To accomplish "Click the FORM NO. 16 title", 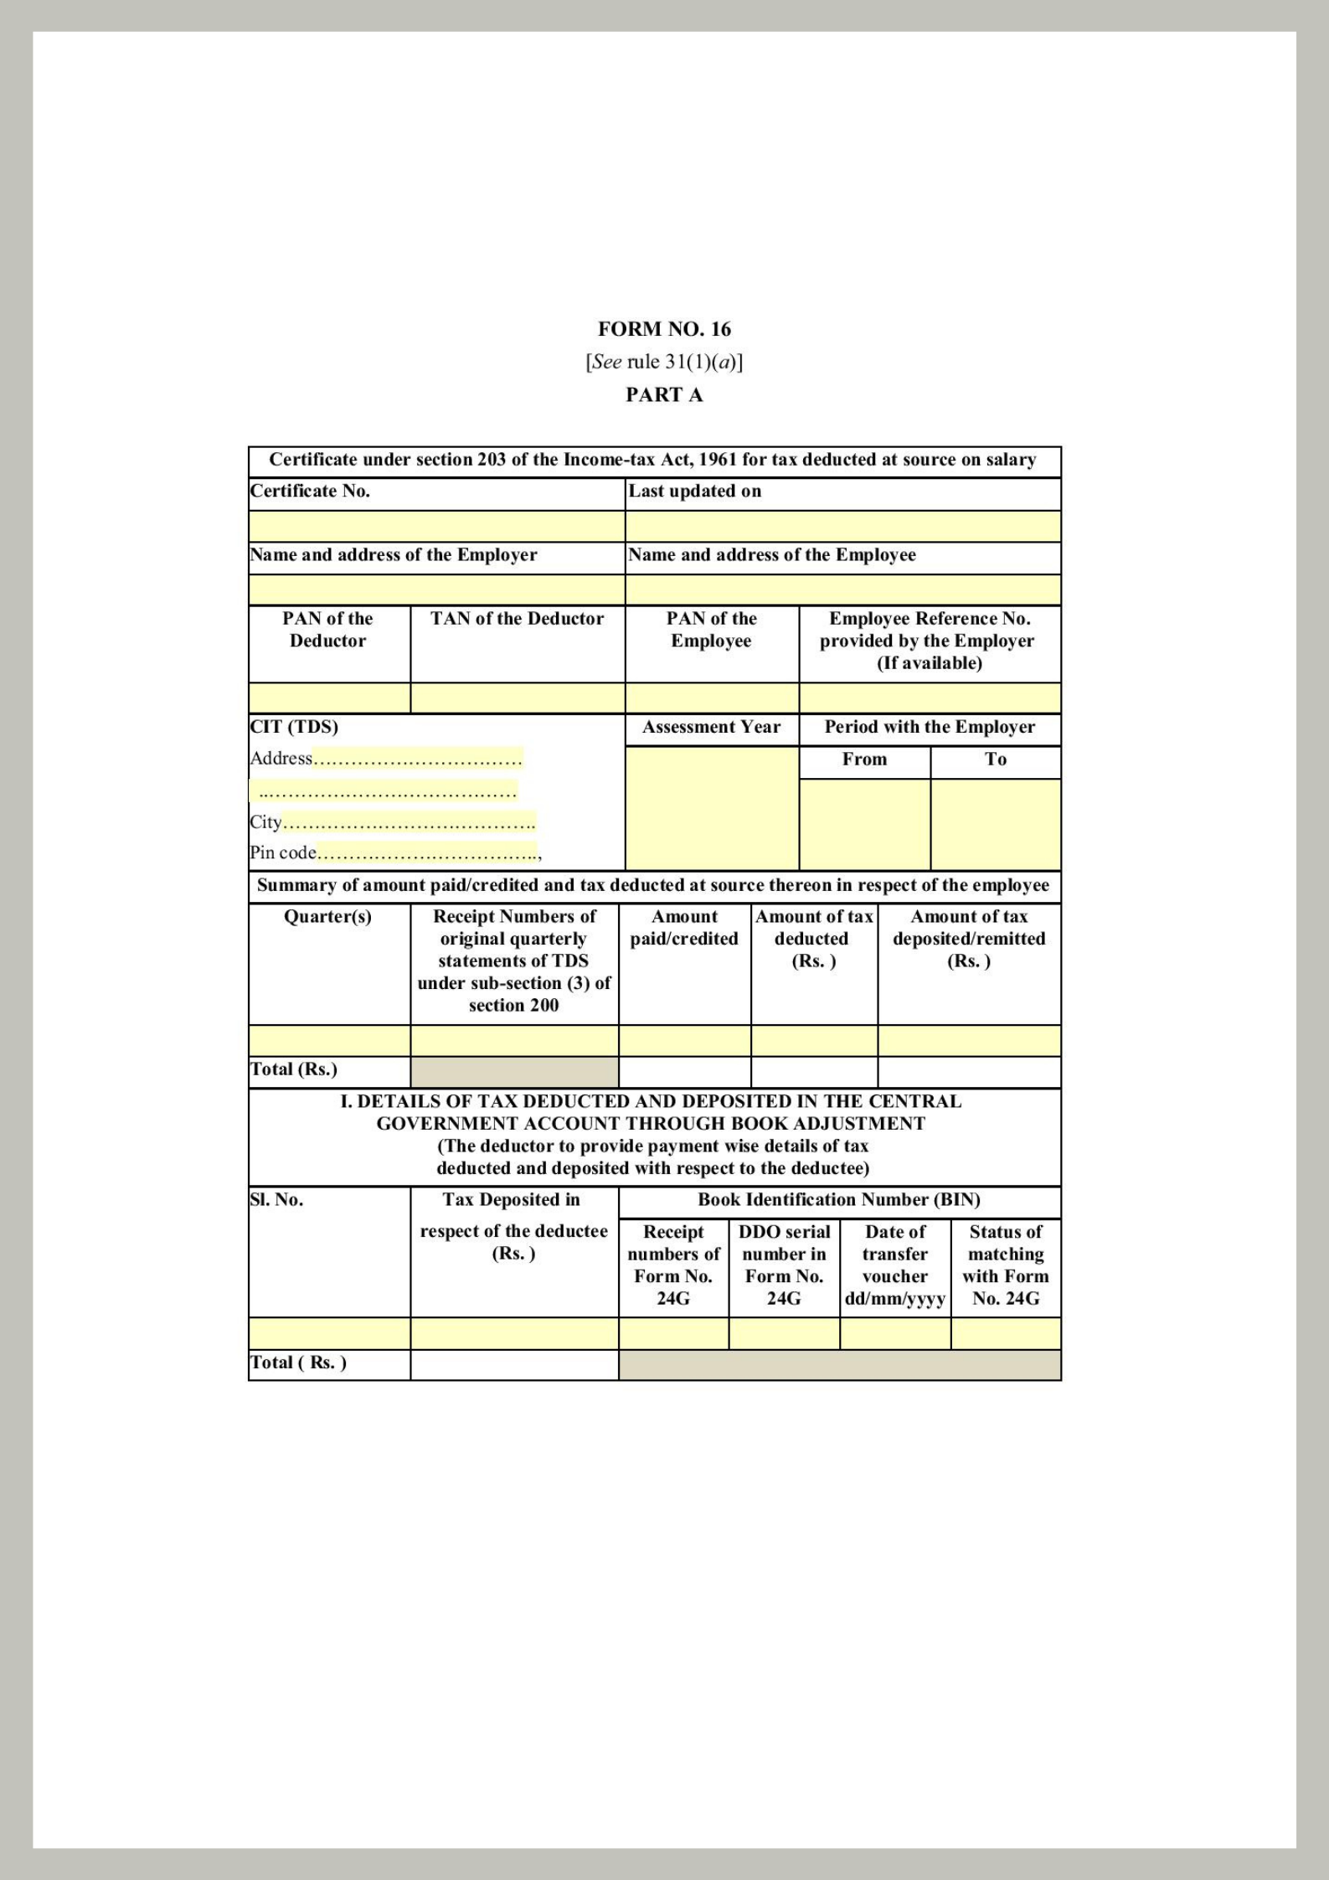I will click(x=664, y=329).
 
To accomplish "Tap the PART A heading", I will click(x=664, y=395).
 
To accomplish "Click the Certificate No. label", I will click(x=310, y=492).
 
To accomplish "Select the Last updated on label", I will click(x=694, y=492).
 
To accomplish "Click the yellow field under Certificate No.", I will click(x=436, y=527).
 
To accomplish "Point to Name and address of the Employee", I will click(x=771, y=555).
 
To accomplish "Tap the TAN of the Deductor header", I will click(x=517, y=619).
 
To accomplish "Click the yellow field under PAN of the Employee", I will click(x=712, y=698).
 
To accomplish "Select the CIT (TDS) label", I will click(x=294, y=727).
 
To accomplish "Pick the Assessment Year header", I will click(x=711, y=727).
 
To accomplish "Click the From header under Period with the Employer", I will click(x=864, y=760).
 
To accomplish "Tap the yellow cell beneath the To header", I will click(x=995, y=824).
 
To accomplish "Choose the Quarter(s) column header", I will click(x=327, y=917).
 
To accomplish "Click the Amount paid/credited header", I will click(x=684, y=928).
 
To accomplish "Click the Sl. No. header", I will click(x=276, y=1200).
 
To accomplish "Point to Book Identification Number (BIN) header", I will click(x=839, y=1200).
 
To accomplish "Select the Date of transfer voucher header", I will click(x=894, y=1264).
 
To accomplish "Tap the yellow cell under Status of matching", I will click(x=1005, y=1333).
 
